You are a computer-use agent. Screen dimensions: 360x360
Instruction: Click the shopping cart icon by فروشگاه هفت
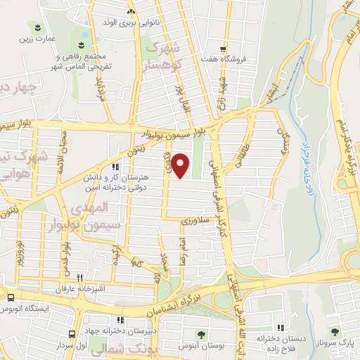(223, 49)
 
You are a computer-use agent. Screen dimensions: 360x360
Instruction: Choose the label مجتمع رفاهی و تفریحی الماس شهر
(79, 62)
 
